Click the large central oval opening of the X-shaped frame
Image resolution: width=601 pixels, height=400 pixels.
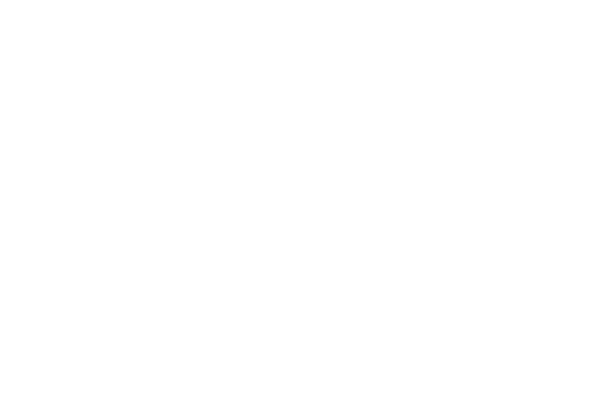pyautogui.click(x=100, y=212)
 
